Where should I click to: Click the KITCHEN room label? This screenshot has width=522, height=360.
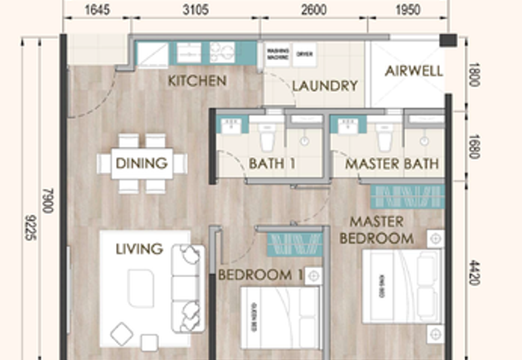[x=197, y=81]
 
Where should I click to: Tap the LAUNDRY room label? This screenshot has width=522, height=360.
[x=324, y=86]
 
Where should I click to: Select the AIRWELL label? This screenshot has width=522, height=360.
[x=414, y=71]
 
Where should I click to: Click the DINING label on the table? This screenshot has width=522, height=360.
[x=142, y=163]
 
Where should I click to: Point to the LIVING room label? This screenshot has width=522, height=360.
[x=139, y=248]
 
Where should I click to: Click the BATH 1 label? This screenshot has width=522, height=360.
[x=272, y=164]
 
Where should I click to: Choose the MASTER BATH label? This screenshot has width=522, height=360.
[x=391, y=164]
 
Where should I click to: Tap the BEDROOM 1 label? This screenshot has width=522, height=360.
[x=260, y=275]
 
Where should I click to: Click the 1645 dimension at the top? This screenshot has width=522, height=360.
[x=97, y=10]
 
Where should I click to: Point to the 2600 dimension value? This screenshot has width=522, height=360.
[x=314, y=10]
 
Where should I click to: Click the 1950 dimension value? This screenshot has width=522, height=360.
[x=407, y=10]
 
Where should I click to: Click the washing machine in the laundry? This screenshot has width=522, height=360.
[x=277, y=55]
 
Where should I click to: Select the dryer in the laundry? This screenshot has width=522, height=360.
[x=303, y=55]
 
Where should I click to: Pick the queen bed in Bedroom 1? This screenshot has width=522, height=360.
[x=279, y=318]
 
